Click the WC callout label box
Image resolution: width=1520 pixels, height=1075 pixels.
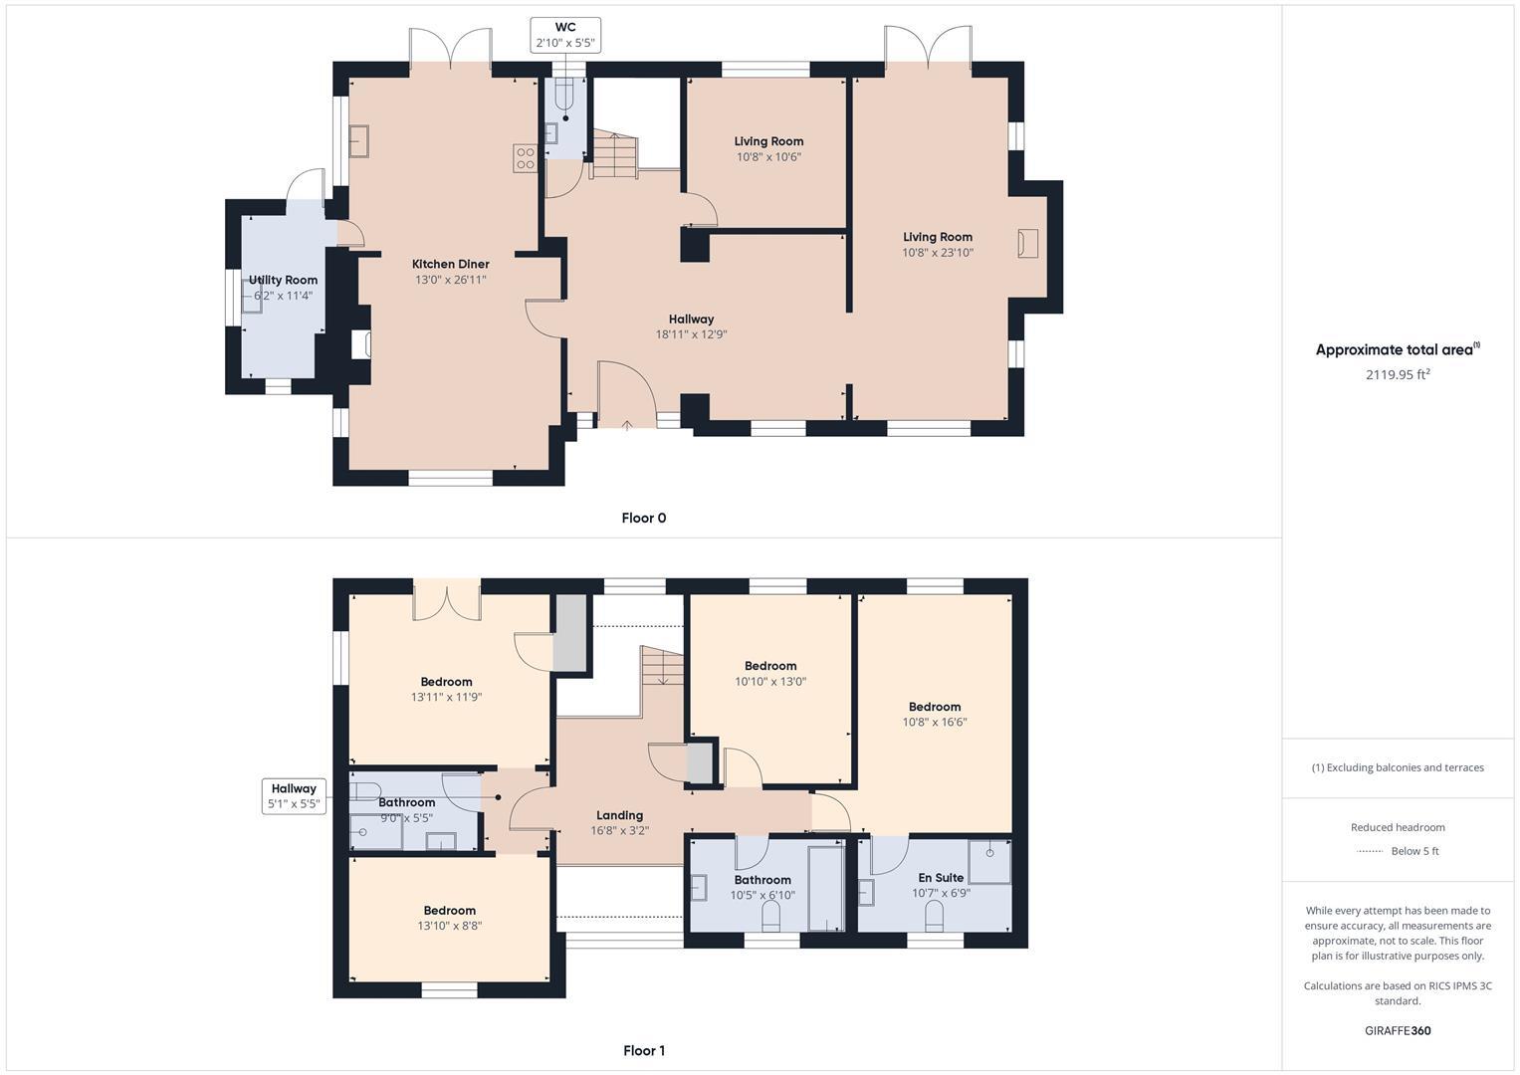[565, 35]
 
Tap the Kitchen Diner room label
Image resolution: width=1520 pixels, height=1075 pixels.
[450, 264]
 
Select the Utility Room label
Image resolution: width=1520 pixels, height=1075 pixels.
[283, 280]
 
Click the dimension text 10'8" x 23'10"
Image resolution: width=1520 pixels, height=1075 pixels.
[937, 253]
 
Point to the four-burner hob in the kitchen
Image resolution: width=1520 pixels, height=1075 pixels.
[525, 158]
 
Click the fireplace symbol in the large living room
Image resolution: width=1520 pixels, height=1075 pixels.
[1027, 243]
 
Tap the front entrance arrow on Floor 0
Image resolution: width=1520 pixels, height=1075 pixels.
[626, 426]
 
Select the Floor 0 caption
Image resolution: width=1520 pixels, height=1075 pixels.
[643, 518]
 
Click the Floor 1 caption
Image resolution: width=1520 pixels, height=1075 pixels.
[643, 1050]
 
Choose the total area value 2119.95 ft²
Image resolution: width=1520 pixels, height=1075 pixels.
[1397, 374]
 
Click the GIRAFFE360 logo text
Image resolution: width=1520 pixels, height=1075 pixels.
[1397, 1030]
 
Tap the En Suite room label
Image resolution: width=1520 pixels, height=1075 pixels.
[941, 878]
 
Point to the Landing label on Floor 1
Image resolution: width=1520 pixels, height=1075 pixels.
[619, 815]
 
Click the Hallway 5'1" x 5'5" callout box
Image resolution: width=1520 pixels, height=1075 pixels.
[294, 796]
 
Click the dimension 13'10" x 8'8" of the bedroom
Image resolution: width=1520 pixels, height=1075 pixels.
[449, 926]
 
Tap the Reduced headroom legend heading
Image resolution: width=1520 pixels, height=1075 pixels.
[1397, 827]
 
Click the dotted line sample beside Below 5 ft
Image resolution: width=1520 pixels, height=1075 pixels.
[1370, 851]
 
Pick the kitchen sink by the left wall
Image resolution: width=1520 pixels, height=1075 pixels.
[358, 141]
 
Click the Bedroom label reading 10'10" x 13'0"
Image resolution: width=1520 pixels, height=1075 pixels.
[770, 666]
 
